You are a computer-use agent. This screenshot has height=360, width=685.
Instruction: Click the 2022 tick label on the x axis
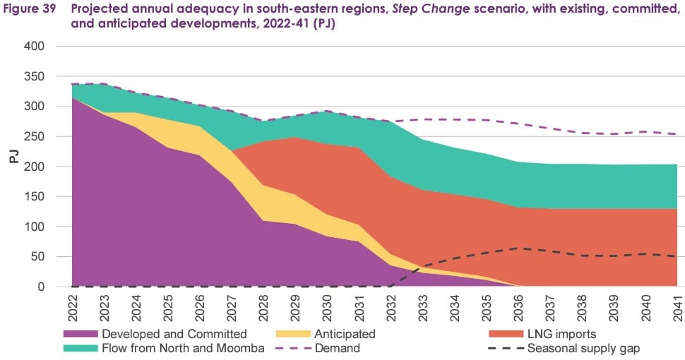coord(72,304)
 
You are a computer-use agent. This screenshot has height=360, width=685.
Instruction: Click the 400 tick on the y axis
coord(35,47)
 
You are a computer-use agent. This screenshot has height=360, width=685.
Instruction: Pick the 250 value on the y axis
coord(35,137)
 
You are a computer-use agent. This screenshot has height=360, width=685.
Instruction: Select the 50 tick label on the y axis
coord(39,257)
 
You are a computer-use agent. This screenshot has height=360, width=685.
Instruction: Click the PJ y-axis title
coord(13,157)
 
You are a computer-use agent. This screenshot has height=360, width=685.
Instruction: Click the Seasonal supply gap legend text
coord(585,348)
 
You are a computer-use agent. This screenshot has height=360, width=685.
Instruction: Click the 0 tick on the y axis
coord(42,287)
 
